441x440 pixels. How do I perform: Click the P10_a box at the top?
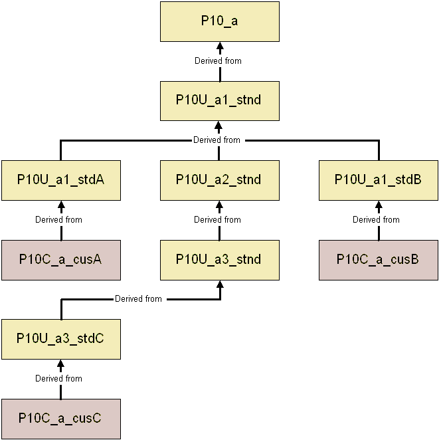[x=220, y=21]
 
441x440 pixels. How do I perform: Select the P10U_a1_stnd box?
[x=220, y=100]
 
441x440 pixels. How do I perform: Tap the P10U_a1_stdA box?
[x=60, y=180]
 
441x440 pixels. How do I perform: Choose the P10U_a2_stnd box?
[x=220, y=180]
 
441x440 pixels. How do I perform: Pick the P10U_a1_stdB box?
[x=379, y=180]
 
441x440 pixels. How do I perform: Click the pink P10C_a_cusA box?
[x=60, y=260]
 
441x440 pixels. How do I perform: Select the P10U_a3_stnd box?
[x=220, y=260]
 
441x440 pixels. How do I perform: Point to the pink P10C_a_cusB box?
[x=379, y=260]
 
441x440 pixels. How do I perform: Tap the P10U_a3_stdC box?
[x=60, y=339]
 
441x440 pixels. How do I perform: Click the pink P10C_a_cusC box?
[x=60, y=419]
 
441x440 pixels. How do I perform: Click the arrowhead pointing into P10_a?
[x=220, y=46]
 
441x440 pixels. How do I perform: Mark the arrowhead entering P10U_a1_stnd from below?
[x=220, y=126]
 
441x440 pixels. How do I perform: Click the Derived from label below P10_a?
[x=218, y=60]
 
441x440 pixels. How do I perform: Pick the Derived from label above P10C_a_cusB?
[x=376, y=219]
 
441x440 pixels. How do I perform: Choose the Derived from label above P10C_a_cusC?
[x=58, y=378]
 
